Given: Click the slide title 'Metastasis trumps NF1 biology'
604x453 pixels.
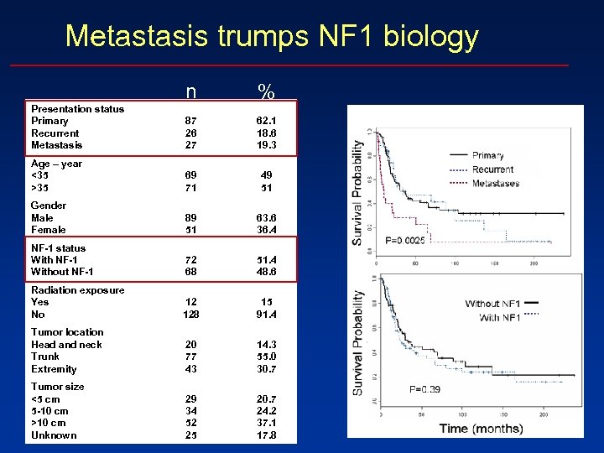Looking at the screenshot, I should coord(272,36).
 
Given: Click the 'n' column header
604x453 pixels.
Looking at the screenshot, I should coord(191,91).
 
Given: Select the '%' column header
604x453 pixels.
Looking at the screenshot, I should coord(266,91).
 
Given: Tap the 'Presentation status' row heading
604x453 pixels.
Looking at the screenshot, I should coord(77,109).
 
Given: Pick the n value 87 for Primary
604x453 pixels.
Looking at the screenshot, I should coord(191,121).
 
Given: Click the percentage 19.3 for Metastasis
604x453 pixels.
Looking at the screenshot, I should coord(266,145).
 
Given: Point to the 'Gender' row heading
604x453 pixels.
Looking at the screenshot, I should coord(48,206).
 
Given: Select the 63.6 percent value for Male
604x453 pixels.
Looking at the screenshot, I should coord(266,218).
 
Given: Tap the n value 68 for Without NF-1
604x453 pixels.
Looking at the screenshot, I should coord(191,272).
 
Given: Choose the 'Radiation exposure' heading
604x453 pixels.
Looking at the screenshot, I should coord(77,290).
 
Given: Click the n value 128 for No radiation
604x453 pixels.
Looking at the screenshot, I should coord(191,315).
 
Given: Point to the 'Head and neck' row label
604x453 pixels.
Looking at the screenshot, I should coord(66,345).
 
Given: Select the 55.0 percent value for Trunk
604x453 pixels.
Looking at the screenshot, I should coord(266,357).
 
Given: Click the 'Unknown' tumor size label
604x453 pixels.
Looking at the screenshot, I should coord(54,435).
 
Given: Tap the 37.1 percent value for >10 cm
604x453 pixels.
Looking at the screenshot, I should coord(266,423).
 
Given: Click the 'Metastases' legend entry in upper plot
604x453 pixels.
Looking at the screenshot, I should coord(495,183).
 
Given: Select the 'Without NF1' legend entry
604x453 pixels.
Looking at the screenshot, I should coord(494,304).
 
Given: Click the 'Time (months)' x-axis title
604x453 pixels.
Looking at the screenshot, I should coord(481,429).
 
